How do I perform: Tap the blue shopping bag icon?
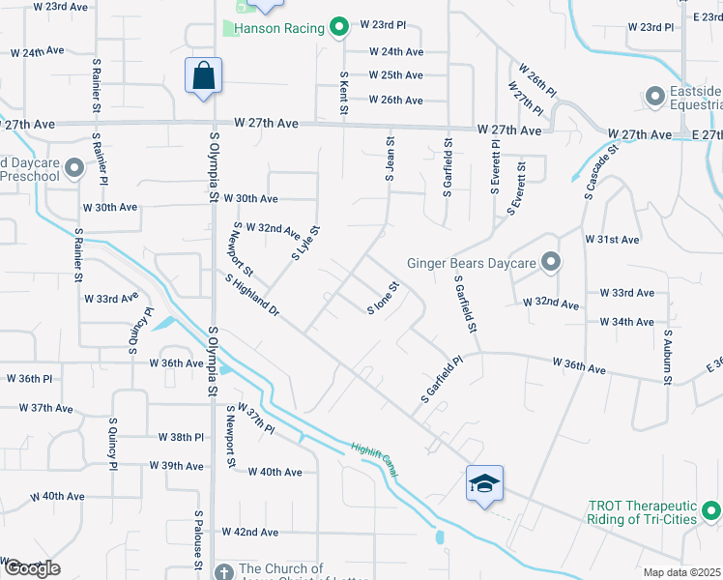coord(204,76)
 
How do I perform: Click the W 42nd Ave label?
coord(249,532)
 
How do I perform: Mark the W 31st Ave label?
coord(612,239)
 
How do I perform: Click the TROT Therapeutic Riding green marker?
coord(711,508)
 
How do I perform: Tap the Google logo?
coord(31,568)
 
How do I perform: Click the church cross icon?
coord(223,572)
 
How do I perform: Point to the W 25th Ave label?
coord(396,75)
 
